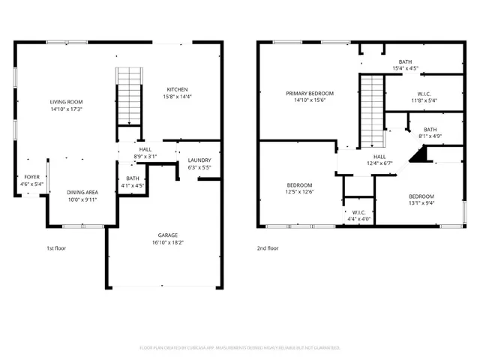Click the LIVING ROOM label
(x=66, y=102)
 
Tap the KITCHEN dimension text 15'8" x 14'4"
(x=177, y=96)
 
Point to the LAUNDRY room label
(x=199, y=160)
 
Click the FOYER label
(x=32, y=176)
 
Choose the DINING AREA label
(x=82, y=192)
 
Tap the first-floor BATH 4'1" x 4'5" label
(x=133, y=178)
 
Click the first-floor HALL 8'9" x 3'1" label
(x=145, y=149)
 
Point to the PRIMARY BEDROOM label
(x=310, y=93)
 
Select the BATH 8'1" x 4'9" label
(x=430, y=129)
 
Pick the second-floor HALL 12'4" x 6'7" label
(x=380, y=157)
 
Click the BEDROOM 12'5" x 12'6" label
(x=300, y=185)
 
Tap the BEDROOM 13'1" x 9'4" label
(x=421, y=196)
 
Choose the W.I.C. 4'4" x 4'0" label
(x=358, y=212)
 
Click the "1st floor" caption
(x=57, y=247)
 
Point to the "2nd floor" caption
(x=268, y=247)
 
